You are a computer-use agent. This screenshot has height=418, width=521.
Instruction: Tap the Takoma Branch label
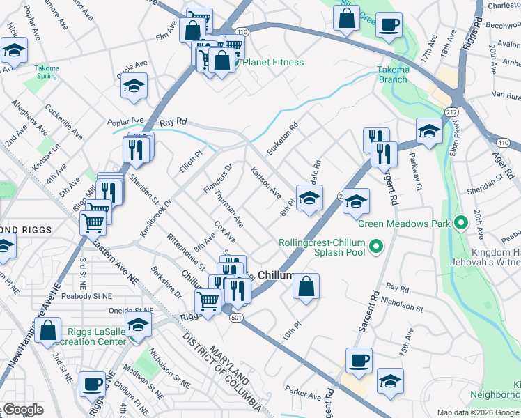[392, 75]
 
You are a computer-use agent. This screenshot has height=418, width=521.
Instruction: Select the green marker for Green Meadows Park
[460, 224]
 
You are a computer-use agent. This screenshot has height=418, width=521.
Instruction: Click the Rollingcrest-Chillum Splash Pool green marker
[376, 247]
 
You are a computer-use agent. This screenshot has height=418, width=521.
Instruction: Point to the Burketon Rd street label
[284, 138]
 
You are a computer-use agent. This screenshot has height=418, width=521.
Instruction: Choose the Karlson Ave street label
[266, 182]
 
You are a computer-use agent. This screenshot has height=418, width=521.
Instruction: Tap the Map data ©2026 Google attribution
[478, 412]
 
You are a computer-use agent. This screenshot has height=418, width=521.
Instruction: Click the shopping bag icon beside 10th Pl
[306, 286]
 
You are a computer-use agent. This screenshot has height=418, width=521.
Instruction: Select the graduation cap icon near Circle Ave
[133, 86]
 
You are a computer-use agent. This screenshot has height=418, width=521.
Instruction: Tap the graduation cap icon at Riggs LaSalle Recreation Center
[139, 325]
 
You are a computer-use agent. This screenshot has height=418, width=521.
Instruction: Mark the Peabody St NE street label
[87, 296]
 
